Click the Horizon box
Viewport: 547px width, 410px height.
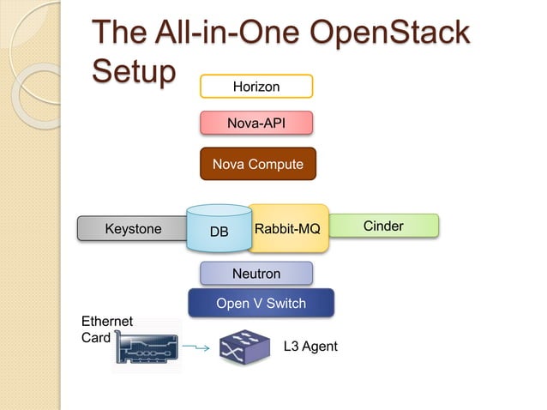(256, 86)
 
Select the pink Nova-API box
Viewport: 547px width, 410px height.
(256, 124)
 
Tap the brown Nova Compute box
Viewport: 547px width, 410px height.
(258, 164)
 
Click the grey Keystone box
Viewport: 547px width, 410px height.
(132, 229)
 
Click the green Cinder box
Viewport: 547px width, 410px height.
(383, 226)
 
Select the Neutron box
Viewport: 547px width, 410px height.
(256, 274)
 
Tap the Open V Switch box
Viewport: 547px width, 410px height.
(261, 303)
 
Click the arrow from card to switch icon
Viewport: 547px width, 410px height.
(196, 347)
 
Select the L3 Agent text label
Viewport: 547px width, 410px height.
(310, 347)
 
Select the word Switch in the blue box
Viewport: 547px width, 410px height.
(286, 303)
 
